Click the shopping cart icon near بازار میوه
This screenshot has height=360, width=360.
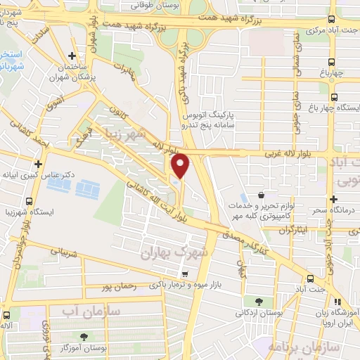(184, 274)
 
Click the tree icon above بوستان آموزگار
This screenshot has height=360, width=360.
(85, 337)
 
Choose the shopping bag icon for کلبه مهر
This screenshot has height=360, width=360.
(262, 195)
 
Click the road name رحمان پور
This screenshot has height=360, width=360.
(116, 288)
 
